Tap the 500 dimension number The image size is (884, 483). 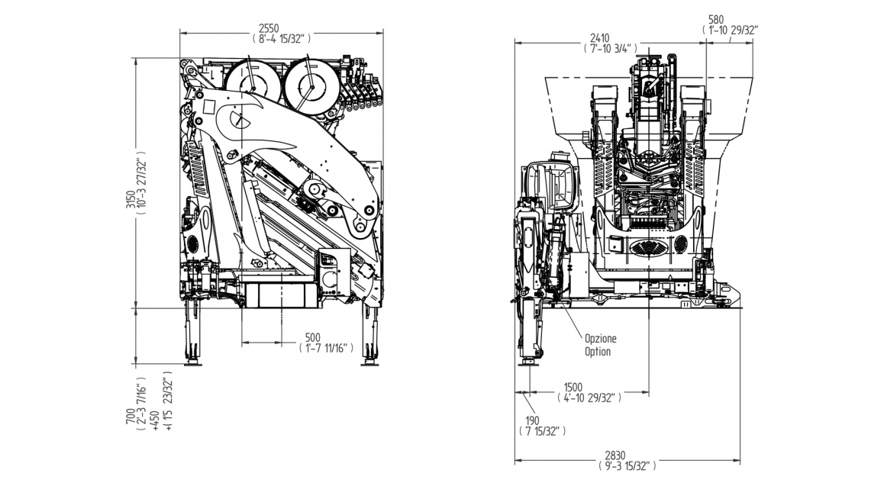pyautogui.click(x=312, y=337)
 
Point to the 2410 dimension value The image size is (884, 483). pyautogui.click(x=599, y=37)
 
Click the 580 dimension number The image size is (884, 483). pyautogui.click(x=716, y=20)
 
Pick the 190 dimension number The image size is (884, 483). pyautogui.click(x=532, y=420)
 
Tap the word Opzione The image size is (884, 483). pyautogui.click(x=600, y=338)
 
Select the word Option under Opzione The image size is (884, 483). pyautogui.click(x=598, y=352)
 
